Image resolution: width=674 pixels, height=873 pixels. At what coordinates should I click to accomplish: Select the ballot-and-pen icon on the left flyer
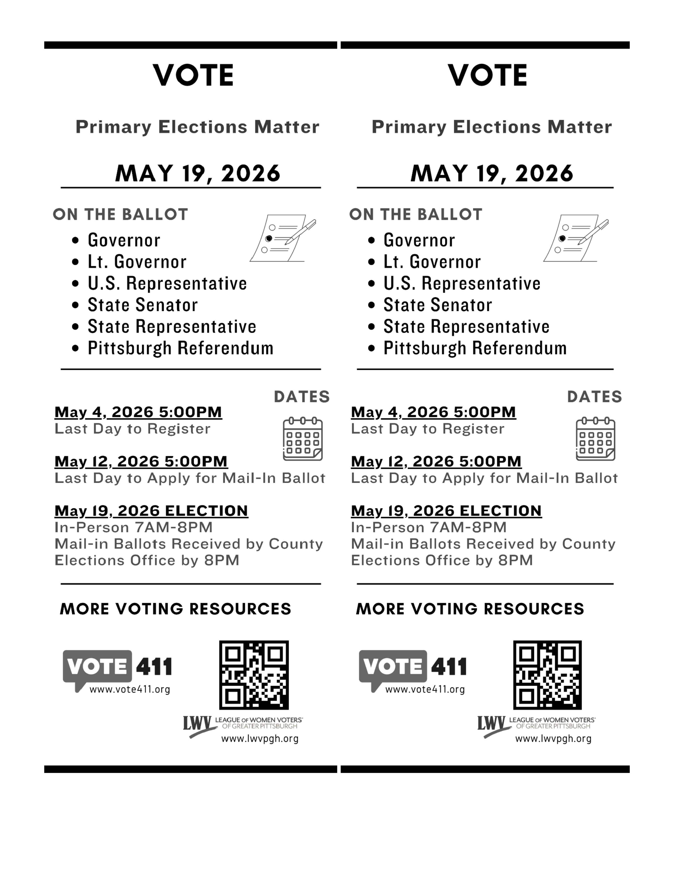click(x=283, y=239)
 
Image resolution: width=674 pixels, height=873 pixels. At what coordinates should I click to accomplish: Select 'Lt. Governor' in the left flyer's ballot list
click(x=137, y=262)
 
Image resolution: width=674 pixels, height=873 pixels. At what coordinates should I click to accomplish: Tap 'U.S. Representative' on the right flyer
click(x=462, y=284)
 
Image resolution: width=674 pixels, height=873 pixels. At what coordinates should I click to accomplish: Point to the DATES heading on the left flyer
click(x=302, y=397)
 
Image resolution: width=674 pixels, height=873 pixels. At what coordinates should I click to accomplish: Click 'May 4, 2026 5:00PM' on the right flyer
click(x=433, y=412)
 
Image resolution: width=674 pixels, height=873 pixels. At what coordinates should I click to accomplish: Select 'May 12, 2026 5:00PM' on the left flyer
click(x=141, y=462)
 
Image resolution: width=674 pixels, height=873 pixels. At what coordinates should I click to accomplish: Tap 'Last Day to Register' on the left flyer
click(x=132, y=429)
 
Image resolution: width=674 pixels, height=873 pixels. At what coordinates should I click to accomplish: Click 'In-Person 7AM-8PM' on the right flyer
click(x=428, y=528)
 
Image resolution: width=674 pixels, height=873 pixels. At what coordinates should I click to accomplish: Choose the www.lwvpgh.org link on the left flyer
click(x=260, y=739)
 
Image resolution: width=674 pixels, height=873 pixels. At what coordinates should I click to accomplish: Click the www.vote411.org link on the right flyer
click(x=425, y=689)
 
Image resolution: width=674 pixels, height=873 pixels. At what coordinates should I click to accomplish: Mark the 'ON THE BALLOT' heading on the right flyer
click(x=416, y=215)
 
